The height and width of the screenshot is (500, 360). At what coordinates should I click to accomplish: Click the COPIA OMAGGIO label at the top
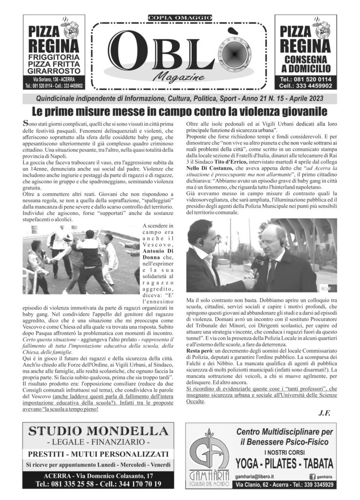click(x=180, y=18)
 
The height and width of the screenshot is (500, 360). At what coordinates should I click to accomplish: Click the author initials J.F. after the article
click(x=324, y=413)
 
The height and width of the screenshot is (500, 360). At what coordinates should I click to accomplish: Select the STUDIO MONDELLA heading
click(x=98, y=431)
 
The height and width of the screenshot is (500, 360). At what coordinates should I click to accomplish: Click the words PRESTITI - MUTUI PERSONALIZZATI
click(x=98, y=455)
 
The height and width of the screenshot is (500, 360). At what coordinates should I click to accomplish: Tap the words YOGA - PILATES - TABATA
click(x=285, y=463)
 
